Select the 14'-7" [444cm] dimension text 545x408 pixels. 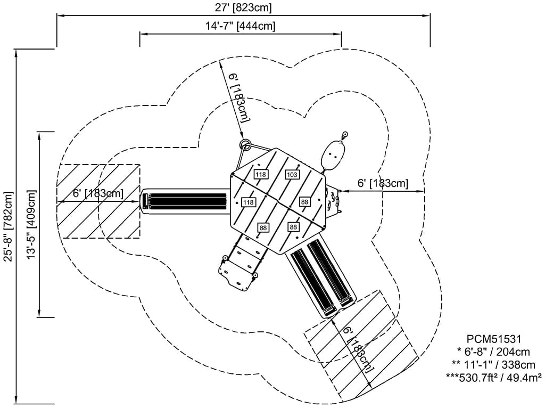(x=240, y=25)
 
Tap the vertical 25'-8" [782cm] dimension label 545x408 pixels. (x=7, y=226)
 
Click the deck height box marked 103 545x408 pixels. (x=292, y=175)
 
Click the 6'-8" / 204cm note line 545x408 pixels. (x=493, y=352)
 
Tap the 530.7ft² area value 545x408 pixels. (x=475, y=377)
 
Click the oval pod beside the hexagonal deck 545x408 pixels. (x=333, y=154)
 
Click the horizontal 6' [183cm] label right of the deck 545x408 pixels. (x=383, y=183)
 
